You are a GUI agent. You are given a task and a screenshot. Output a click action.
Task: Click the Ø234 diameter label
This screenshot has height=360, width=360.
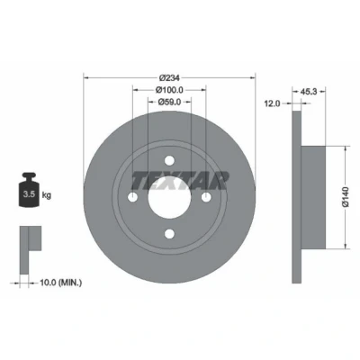pos(169,78)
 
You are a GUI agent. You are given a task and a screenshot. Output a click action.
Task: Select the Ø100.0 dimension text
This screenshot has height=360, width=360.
pos(169,90)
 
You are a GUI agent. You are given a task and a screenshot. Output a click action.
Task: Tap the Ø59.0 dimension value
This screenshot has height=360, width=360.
pos(169,102)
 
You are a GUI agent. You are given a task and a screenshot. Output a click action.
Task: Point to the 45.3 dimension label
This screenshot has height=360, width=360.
pos(309,92)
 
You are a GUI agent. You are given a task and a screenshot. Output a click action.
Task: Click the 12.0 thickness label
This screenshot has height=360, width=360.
pos(272,103)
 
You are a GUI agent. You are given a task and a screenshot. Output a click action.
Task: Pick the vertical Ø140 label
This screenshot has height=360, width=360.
pos(346,196)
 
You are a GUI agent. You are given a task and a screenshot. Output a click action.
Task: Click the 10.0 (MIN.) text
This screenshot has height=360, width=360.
pos(61,283)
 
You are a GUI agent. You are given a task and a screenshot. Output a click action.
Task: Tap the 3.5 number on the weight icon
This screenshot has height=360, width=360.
pos(29,194)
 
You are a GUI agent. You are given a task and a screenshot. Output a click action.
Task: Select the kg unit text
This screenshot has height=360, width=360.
pos(47,195)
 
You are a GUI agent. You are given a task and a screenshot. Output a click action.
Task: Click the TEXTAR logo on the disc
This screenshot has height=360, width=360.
pos(179,181)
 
